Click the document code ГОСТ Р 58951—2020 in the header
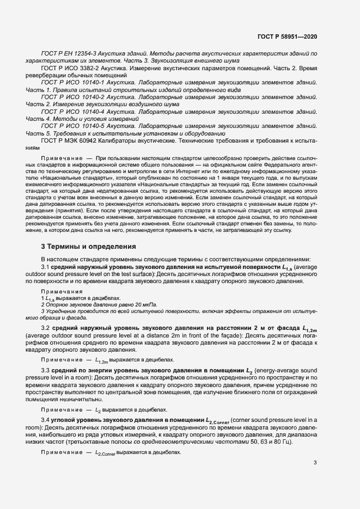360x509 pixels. click(287, 36)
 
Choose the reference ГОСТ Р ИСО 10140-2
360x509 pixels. click(71, 96)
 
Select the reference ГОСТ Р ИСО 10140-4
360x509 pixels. click(71, 111)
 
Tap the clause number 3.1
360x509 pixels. click(46, 267)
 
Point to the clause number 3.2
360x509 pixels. click(46, 328)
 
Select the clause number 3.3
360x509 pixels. click(46, 370)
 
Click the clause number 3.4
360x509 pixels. click(46, 420)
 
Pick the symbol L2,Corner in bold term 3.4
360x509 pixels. click(218, 421)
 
